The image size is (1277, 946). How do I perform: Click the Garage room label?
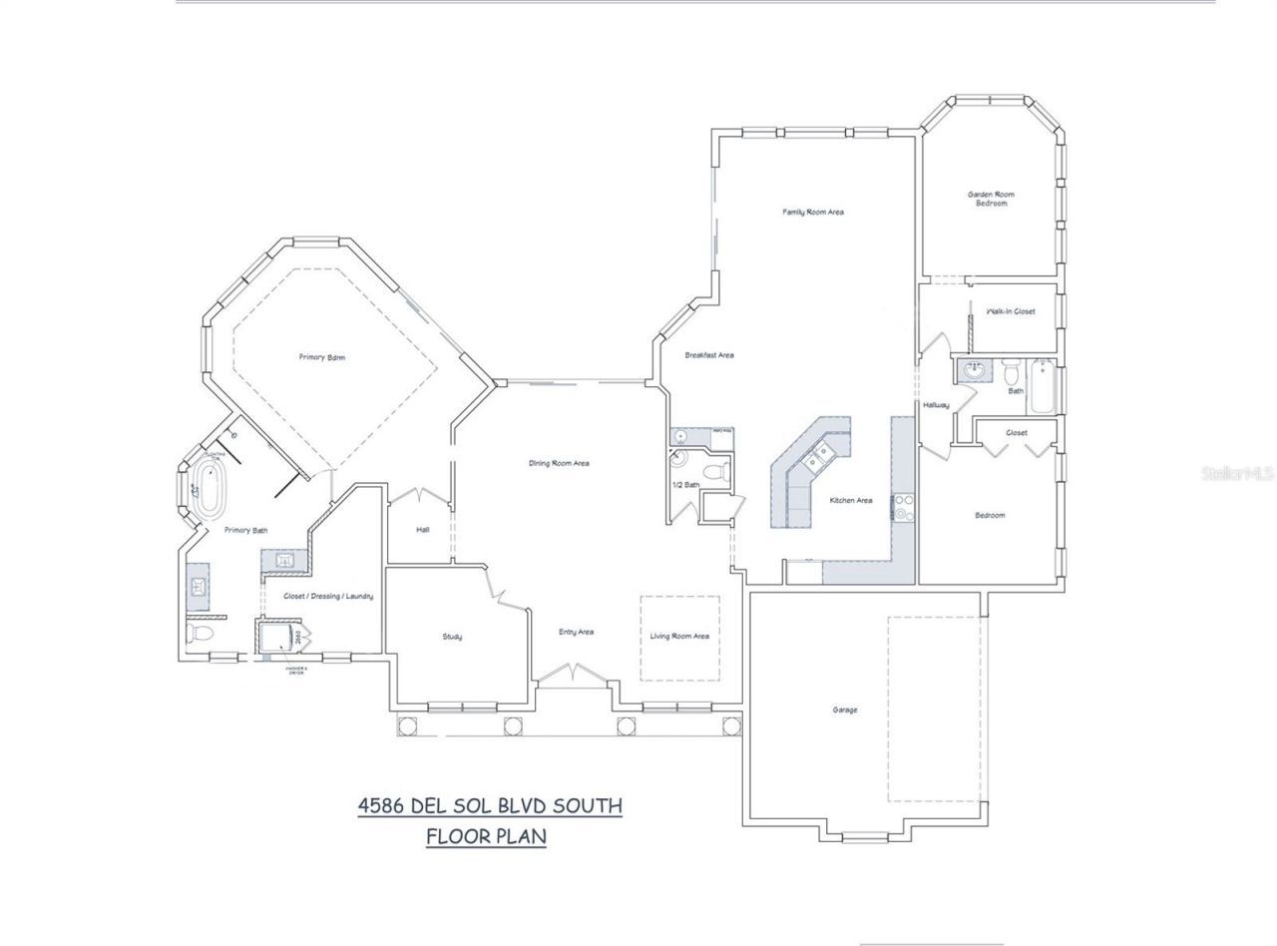pos(844,710)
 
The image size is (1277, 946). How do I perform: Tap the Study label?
pos(452,637)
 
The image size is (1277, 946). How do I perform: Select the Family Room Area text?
pos(813,212)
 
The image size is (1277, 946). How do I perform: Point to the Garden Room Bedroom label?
pos(991,199)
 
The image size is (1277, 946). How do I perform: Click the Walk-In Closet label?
pos(1011,311)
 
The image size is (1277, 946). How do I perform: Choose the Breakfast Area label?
pos(709,355)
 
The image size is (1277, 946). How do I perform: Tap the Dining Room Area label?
pos(559,463)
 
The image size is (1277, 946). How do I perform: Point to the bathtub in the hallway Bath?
pos(1043,389)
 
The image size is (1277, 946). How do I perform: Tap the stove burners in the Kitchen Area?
pos(903,507)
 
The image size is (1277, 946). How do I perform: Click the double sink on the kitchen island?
pos(820,456)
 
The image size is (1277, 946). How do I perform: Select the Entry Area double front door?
pos(572,677)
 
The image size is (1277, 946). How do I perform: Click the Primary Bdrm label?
pos(322,357)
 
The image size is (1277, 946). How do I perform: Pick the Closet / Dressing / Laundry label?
pos(328,597)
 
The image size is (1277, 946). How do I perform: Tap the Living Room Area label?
pos(679,637)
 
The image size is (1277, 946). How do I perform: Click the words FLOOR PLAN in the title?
pos(486,835)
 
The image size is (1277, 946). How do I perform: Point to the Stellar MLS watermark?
pos(1237,473)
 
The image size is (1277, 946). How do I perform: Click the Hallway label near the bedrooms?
pos(936,405)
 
